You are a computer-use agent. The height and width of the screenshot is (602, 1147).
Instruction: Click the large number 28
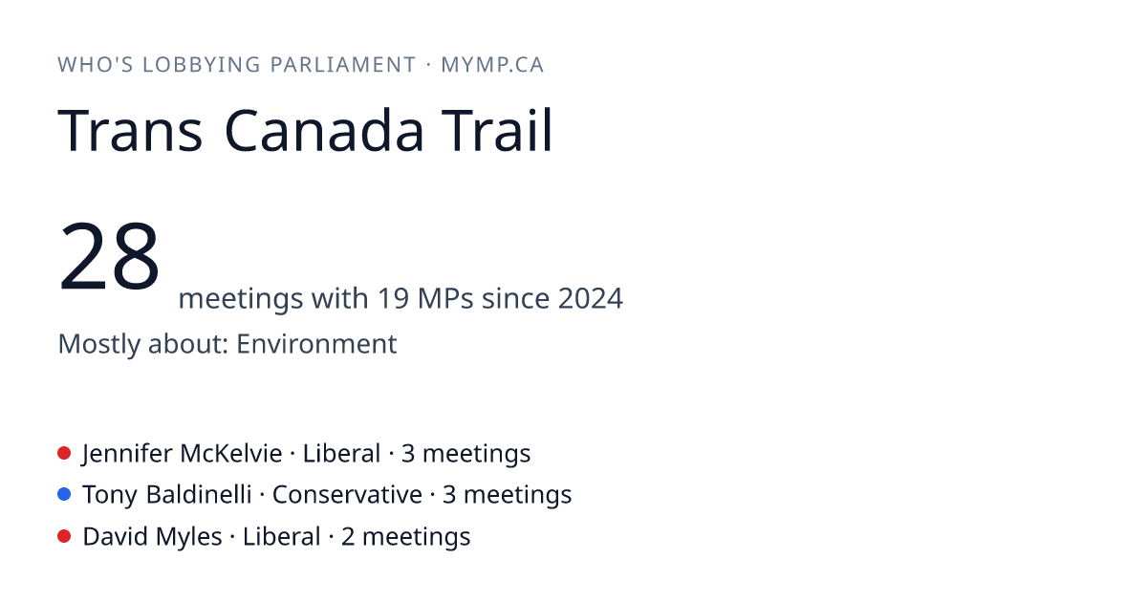pyautogui.click(x=109, y=255)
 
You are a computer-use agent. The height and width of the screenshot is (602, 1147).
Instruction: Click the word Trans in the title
pyautogui.click(x=130, y=131)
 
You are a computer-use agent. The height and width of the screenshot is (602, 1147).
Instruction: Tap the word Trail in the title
pyautogui.click(x=497, y=130)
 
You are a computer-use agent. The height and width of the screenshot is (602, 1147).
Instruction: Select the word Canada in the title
pyautogui.click(x=324, y=131)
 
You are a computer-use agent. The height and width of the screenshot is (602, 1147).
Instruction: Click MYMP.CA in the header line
pyautogui.click(x=492, y=65)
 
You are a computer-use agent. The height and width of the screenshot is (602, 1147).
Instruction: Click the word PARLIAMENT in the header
pyautogui.click(x=343, y=65)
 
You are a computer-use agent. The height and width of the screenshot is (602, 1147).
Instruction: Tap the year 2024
pyautogui.click(x=591, y=298)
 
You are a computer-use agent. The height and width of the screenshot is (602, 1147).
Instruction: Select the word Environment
pyautogui.click(x=316, y=344)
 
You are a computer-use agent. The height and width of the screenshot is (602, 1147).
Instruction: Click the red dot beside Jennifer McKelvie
pyautogui.click(x=64, y=453)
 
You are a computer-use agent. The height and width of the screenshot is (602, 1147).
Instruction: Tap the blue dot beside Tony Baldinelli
pyautogui.click(x=64, y=494)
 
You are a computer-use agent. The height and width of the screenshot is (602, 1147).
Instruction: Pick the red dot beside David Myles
pyautogui.click(x=64, y=536)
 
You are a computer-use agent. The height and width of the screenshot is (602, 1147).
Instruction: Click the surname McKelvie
pyautogui.click(x=231, y=454)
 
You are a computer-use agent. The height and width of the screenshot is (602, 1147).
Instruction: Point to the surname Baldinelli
pyautogui.click(x=199, y=495)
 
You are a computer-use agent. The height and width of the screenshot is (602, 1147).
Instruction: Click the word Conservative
pyautogui.click(x=347, y=495)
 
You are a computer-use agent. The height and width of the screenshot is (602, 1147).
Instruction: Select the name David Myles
pyautogui.click(x=152, y=537)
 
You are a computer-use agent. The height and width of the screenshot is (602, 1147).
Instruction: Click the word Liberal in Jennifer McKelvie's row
pyautogui.click(x=341, y=454)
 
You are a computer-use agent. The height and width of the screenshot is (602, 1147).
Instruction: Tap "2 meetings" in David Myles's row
pyautogui.click(x=405, y=537)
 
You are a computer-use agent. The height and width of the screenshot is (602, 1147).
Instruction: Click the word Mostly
pyautogui.click(x=98, y=344)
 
